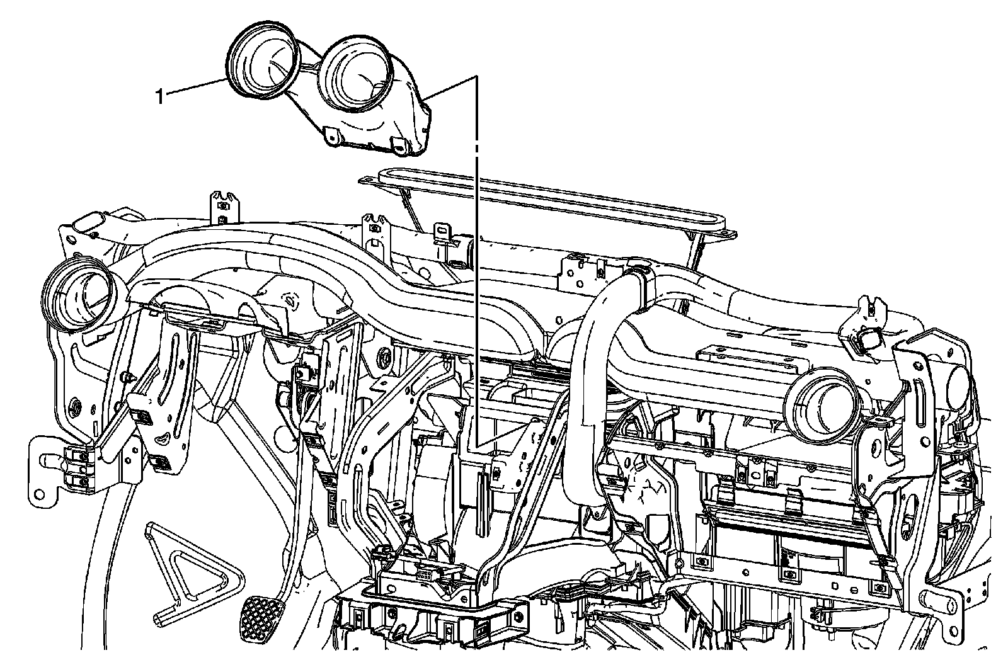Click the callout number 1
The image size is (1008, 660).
coord(160,97)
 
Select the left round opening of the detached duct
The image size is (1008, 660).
coord(262,58)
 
